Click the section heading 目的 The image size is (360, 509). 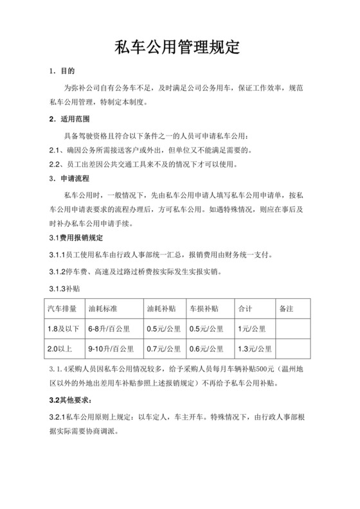click(x=67, y=70)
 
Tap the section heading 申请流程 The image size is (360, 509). click(x=75, y=177)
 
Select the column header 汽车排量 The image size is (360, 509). click(x=62, y=308)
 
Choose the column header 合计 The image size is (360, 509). click(x=245, y=308)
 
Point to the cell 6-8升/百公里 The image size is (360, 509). click(x=110, y=329)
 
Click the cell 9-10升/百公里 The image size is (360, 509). click(x=112, y=350)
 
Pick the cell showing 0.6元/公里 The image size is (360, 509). click(x=205, y=350)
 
